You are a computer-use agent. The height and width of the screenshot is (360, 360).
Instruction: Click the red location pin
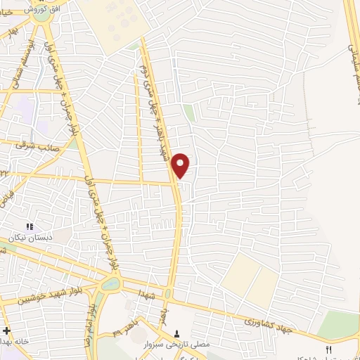[181, 165]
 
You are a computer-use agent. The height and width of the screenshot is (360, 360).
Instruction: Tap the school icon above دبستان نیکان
[30, 226]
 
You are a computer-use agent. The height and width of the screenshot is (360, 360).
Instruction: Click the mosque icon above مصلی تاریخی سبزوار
[176, 333]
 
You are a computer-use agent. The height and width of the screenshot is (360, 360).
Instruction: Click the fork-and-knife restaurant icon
[328, 349]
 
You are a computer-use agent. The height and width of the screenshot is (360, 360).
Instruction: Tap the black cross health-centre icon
[6, 330]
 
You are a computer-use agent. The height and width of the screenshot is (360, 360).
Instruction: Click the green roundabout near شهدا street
[110, 284]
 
